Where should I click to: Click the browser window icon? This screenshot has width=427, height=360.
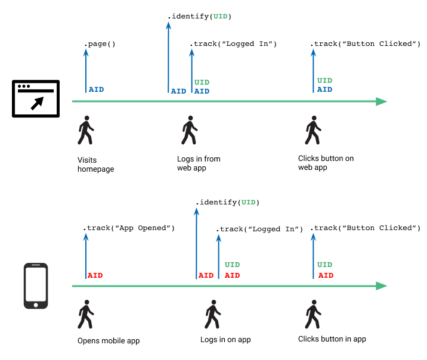[x=36, y=100]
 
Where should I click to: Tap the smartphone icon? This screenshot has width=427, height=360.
[x=36, y=286]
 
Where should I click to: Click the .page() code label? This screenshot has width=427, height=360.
[x=100, y=44]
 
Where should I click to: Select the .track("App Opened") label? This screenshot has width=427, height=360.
[x=129, y=228]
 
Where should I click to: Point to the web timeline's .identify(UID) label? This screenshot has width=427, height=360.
[x=199, y=16]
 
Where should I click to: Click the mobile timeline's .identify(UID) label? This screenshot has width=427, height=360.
[x=228, y=203]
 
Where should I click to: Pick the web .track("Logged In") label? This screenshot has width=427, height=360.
[x=234, y=44]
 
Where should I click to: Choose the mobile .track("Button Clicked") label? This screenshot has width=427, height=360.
[x=366, y=228]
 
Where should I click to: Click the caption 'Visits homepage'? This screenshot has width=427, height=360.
[x=95, y=165]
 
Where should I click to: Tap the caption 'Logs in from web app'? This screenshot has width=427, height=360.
[x=199, y=163]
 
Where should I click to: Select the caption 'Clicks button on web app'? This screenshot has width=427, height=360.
[x=326, y=163]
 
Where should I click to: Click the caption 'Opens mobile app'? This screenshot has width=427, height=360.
[x=109, y=341]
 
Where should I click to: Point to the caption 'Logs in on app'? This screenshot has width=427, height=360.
[x=225, y=340]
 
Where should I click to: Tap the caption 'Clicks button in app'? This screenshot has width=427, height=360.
[x=332, y=339]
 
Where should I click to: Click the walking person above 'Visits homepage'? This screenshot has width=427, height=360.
[x=86, y=130]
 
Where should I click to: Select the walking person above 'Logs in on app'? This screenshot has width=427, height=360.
[x=212, y=314]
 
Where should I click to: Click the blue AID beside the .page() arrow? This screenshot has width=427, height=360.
[x=96, y=90]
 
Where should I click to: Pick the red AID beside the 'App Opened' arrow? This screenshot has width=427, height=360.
[x=95, y=276]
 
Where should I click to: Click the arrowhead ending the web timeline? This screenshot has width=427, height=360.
[x=382, y=101]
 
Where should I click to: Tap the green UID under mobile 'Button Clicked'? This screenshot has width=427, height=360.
[x=324, y=265]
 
